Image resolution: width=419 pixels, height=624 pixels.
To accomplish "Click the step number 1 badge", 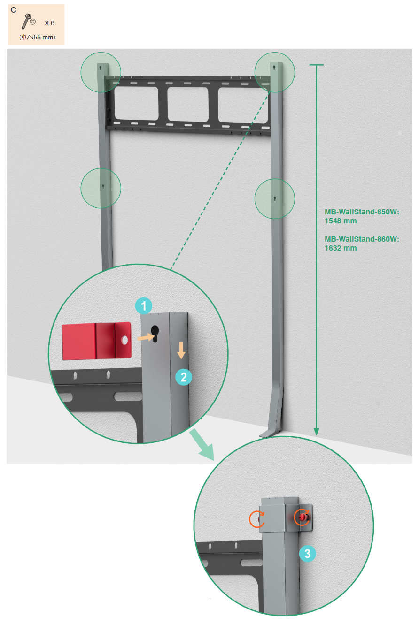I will [x=143, y=306].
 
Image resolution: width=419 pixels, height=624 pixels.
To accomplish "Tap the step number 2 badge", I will [x=184, y=377].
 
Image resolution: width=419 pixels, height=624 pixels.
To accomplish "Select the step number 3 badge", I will [x=308, y=554].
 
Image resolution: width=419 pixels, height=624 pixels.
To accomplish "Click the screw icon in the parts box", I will [x=28, y=22].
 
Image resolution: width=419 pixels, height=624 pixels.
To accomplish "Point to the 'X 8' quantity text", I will [x=49, y=23].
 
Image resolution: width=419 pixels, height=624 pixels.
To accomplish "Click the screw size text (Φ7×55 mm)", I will [x=37, y=37].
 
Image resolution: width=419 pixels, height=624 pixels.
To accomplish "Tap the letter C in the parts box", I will [x=13, y=9].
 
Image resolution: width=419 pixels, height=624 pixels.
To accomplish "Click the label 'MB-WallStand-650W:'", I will [x=362, y=212].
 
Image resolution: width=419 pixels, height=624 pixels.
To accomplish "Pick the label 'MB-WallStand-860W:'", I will [x=362, y=239].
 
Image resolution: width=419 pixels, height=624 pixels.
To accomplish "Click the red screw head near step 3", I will [x=303, y=517].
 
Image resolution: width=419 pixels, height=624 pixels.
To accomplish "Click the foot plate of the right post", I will [x=271, y=433].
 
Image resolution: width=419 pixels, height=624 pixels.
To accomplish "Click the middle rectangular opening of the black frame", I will [x=187, y=105].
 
